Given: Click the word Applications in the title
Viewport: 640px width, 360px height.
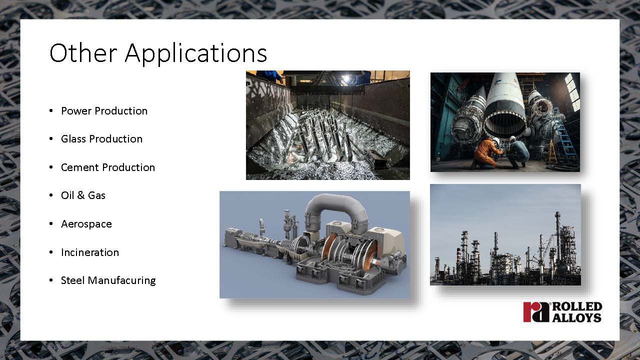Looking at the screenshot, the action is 195,53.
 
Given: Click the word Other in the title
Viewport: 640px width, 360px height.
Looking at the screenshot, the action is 83,52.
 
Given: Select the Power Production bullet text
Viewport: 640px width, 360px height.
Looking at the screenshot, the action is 104,111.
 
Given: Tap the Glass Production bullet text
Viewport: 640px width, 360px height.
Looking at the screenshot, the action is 101,139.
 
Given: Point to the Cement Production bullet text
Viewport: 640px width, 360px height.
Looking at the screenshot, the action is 108,167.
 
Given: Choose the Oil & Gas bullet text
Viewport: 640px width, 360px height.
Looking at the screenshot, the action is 83,195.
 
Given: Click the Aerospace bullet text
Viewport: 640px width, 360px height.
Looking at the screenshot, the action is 86,224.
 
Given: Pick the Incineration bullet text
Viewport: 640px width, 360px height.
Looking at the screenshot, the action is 90,252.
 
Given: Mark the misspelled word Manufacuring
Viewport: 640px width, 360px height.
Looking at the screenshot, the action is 121,280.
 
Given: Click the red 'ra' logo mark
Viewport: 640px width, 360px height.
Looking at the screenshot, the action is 536,312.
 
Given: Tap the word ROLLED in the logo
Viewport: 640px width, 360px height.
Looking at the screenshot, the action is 577,306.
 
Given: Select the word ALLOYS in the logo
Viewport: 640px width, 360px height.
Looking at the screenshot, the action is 576,317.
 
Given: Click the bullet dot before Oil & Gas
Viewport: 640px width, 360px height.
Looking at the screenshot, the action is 51,195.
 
